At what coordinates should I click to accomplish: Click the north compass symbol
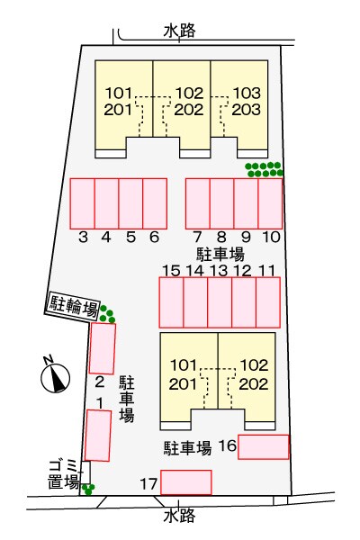[x=55, y=376]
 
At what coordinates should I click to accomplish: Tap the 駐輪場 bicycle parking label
[x=73, y=307]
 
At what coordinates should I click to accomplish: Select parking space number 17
[x=186, y=482]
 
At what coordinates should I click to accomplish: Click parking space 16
[x=263, y=446]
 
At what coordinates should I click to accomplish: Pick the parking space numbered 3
[x=82, y=203]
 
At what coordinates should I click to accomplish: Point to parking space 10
[x=270, y=203]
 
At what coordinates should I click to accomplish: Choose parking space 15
[x=171, y=302]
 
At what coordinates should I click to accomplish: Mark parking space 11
[x=268, y=302]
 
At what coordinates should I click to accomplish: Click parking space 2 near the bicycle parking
[x=103, y=348]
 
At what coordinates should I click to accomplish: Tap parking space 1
[x=98, y=436]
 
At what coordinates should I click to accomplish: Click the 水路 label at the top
[x=179, y=31]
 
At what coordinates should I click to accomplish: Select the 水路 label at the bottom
[x=179, y=515]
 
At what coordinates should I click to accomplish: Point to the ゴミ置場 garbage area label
[x=63, y=474]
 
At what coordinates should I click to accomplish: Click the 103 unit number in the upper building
[x=247, y=93]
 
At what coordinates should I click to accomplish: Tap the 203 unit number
[x=246, y=110]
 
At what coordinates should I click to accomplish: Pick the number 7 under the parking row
[x=197, y=237]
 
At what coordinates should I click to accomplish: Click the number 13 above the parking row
[x=219, y=270]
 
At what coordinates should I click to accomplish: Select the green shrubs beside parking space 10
[x=264, y=169]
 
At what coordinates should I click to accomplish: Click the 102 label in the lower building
[x=254, y=365]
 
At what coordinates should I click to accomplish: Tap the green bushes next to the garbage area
[x=88, y=489]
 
